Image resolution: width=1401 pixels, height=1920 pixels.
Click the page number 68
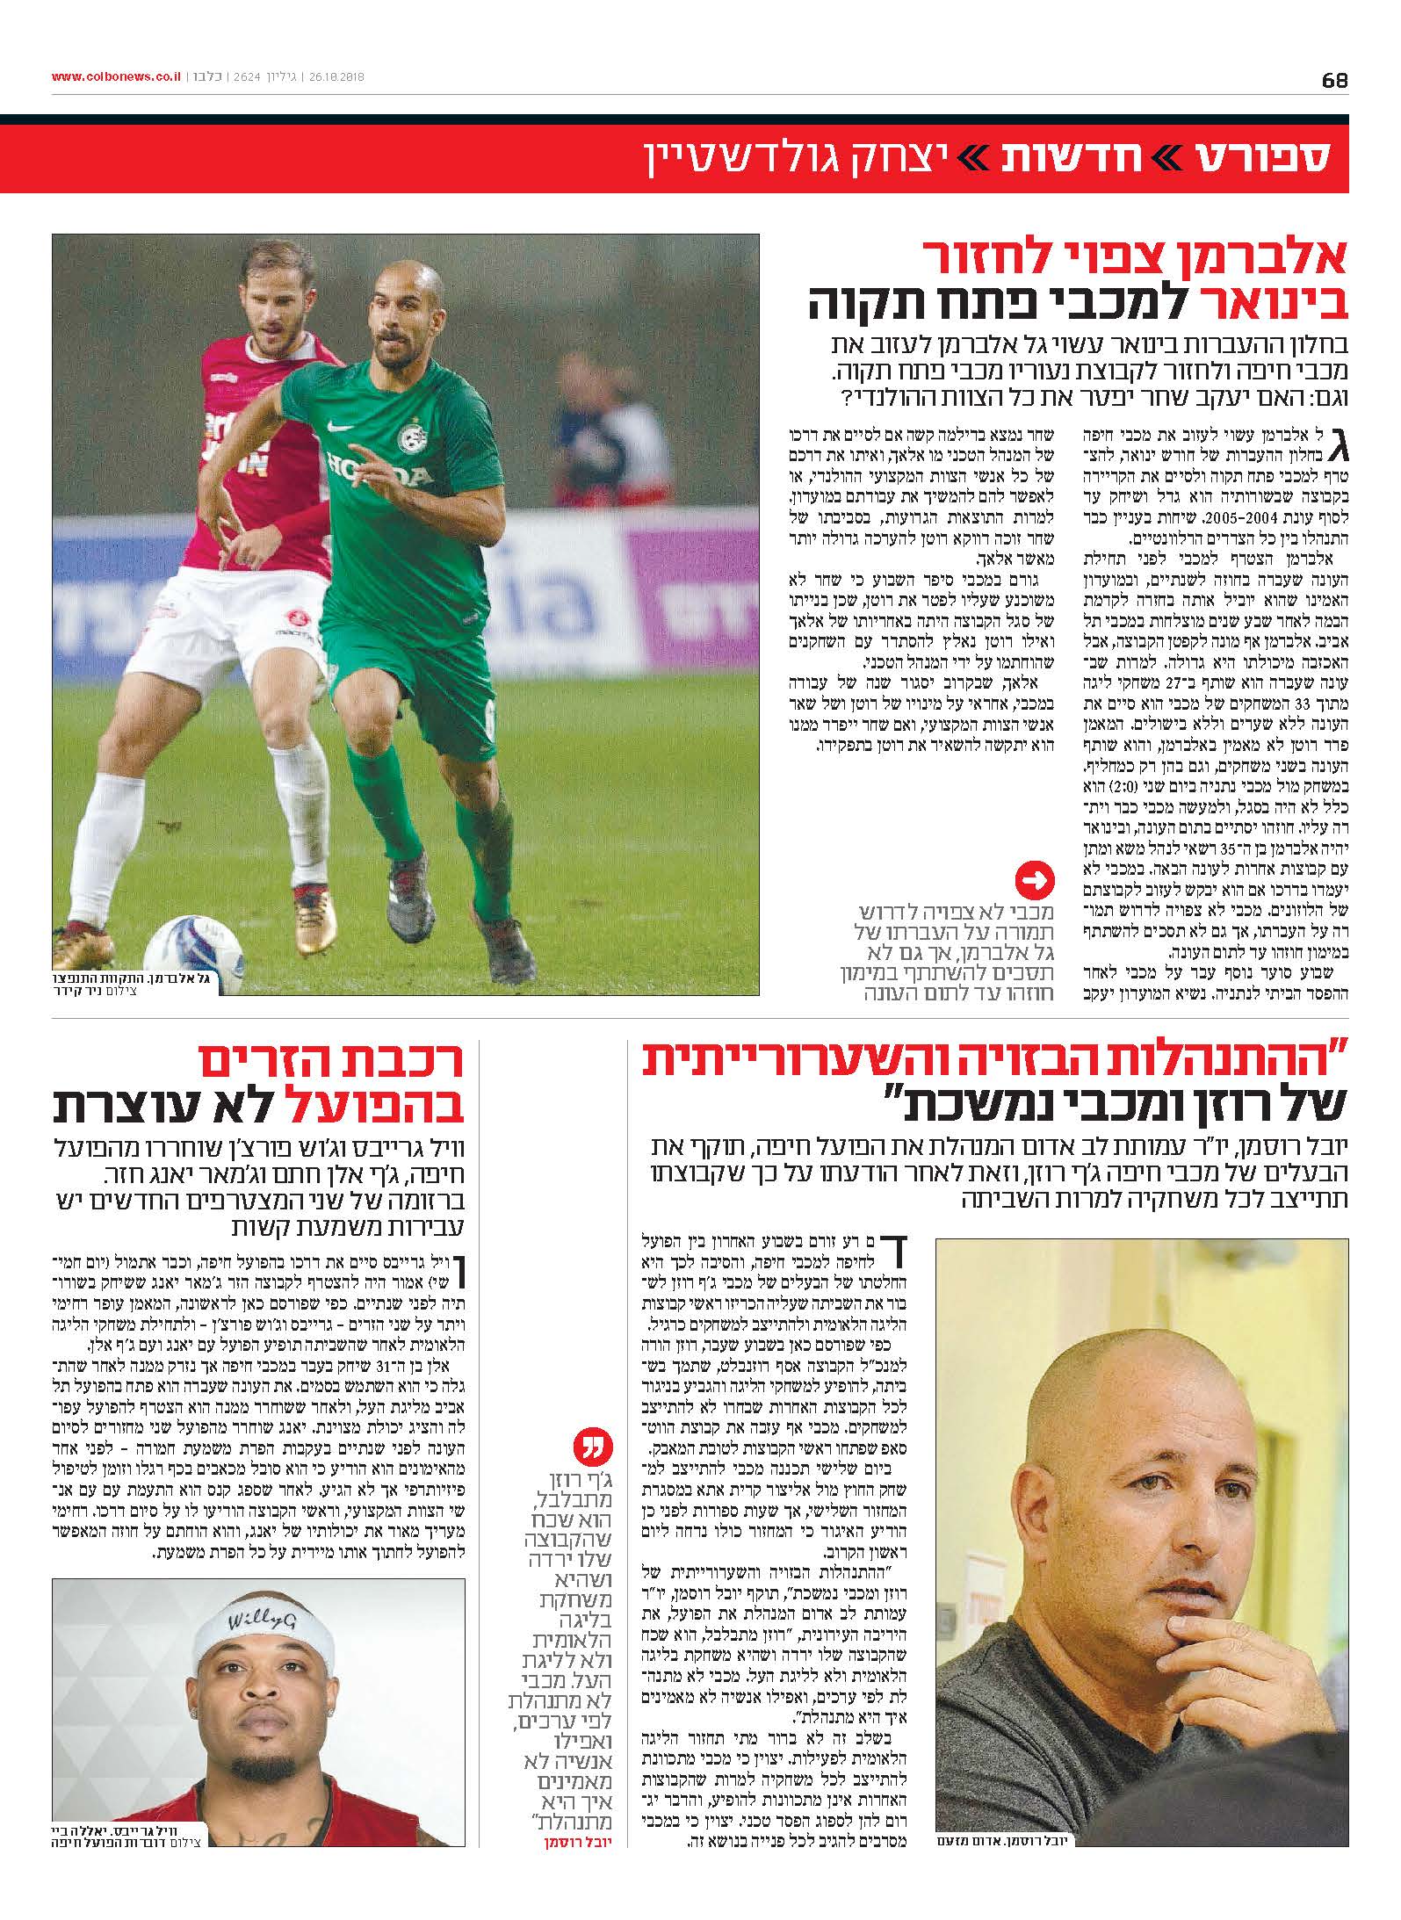click(x=1334, y=79)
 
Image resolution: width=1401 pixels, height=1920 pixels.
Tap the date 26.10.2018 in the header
click(x=337, y=77)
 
